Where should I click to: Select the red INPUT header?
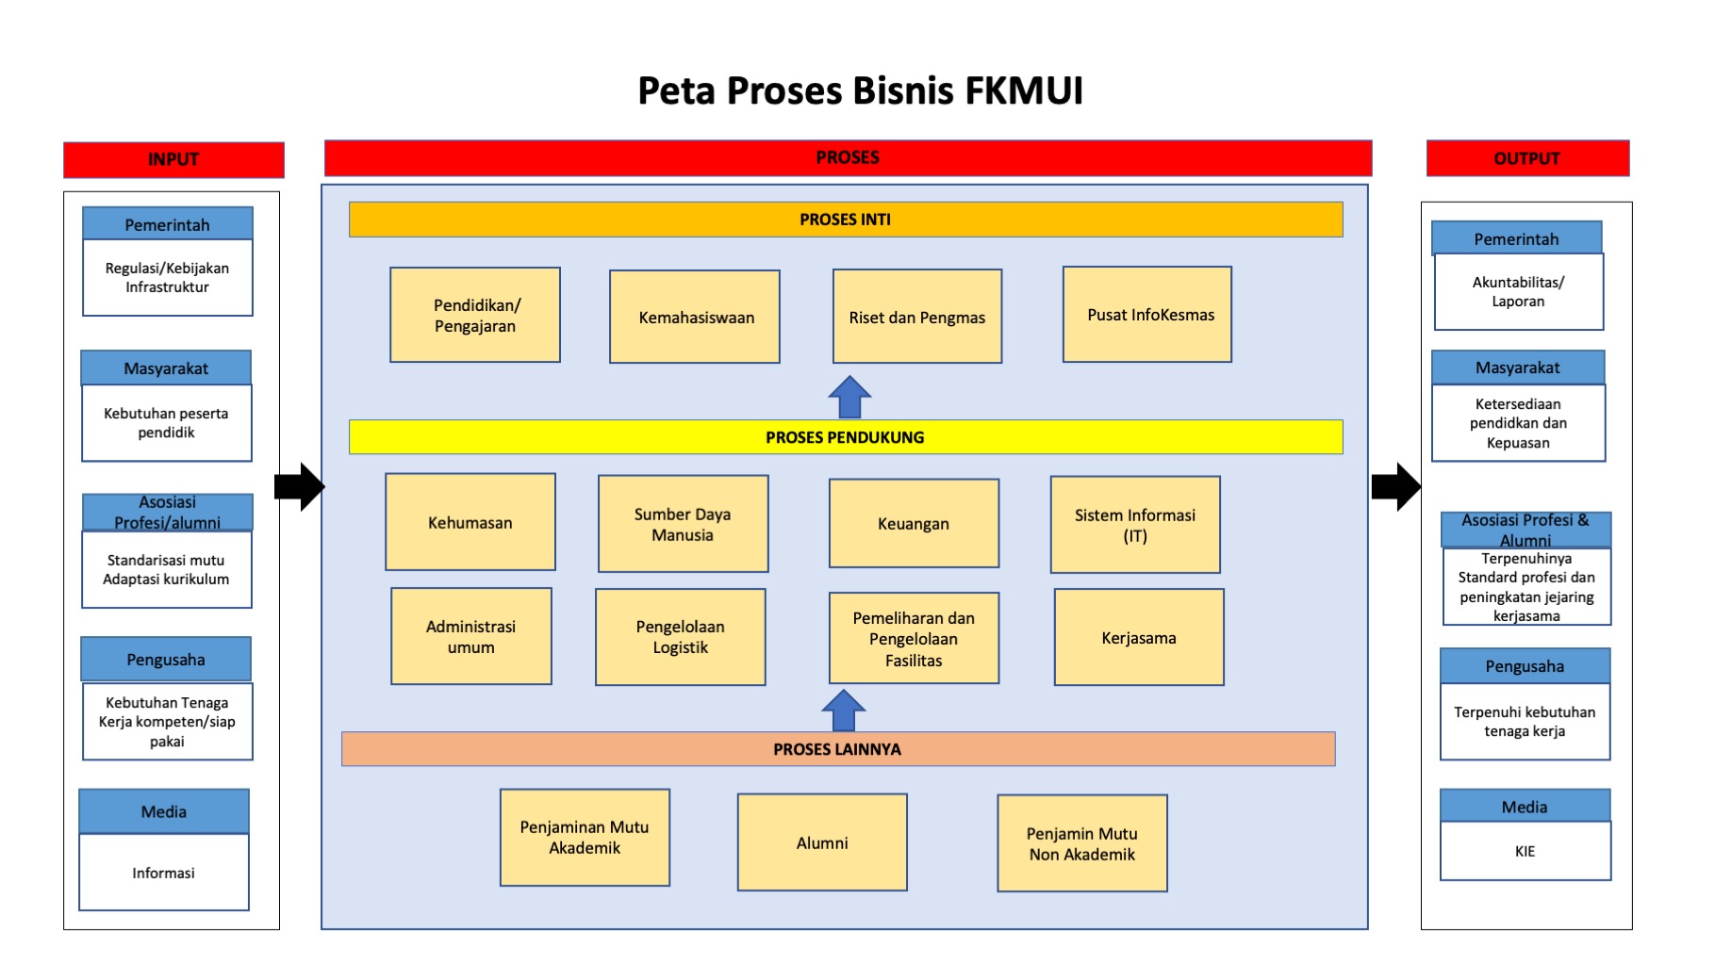[173, 159]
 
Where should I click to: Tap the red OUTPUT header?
[1527, 158]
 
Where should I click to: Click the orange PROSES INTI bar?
[846, 220]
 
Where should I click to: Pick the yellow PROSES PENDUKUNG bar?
[846, 437]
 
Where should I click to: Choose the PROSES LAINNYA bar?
[838, 749]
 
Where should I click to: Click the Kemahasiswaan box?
[695, 317]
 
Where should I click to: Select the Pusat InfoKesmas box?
[1147, 314]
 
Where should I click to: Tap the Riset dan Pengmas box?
[917, 317]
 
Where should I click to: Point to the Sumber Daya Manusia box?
[684, 524]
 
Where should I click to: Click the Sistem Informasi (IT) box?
[1135, 525]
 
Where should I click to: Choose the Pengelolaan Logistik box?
[681, 637]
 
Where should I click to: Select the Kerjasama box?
[1139, 637]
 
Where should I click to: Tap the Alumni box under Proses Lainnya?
[822, 842]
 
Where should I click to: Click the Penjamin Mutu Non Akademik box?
[1082, 843]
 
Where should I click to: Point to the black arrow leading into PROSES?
[300, 487]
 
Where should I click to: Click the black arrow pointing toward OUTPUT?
[1396, 487]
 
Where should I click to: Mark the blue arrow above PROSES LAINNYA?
[844, 711]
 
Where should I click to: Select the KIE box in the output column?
[1525, 851]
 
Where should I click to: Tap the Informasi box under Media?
[164, 873]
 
